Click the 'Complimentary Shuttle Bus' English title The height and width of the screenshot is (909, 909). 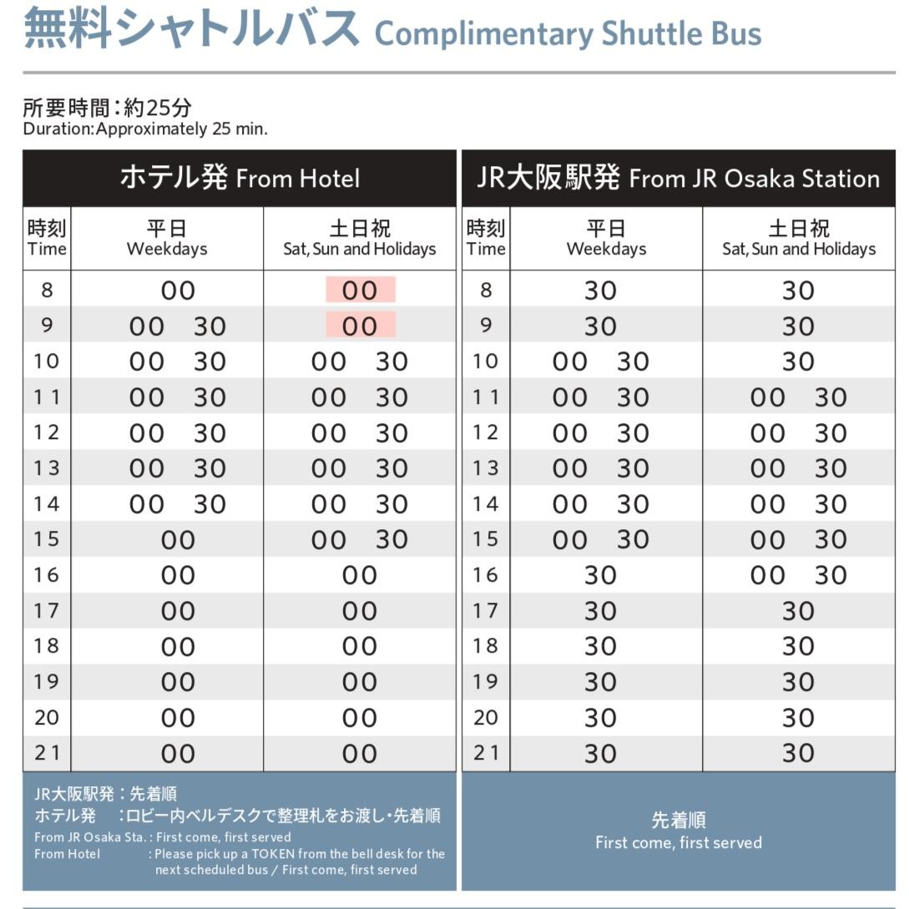(568, 34)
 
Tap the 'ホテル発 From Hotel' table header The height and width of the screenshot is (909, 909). (240, 178)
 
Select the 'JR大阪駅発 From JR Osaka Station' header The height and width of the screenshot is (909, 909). (678, 178)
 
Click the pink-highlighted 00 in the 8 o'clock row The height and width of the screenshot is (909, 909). (360, 290)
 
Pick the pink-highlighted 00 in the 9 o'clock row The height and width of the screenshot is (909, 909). (360, 326)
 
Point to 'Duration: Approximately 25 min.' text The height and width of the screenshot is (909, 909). (145, 129)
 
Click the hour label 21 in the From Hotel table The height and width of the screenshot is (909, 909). (47, 753)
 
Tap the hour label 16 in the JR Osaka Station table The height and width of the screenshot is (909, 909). (486, 575)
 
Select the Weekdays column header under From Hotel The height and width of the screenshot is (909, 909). (167, 238)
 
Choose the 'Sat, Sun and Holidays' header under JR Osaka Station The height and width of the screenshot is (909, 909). (799, 238)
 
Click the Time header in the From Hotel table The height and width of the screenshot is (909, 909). (47, 238)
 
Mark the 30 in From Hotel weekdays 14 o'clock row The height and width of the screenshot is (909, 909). (210, 504)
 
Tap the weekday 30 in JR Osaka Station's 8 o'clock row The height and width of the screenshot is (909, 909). (600, 290)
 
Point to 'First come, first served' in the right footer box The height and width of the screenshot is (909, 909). (678, 842)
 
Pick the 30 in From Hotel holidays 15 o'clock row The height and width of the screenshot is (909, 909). (391, 540)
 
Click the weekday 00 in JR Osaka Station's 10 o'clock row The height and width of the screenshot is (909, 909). (569, 361)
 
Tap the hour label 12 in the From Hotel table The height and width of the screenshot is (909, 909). (47, 432)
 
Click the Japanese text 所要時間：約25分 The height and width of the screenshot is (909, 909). (107, 108)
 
